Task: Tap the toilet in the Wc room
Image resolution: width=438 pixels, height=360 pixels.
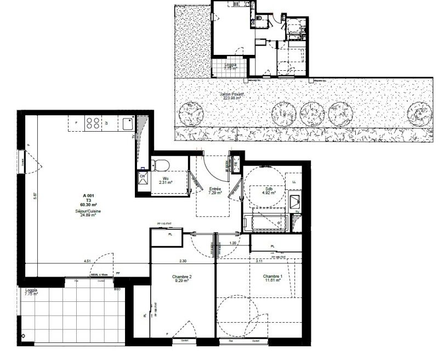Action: point(162,164)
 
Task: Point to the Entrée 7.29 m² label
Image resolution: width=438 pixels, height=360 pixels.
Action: point(214,191)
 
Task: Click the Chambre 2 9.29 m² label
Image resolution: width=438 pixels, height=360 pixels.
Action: point(168,278)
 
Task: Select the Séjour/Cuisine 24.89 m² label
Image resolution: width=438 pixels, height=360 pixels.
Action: point(89,213)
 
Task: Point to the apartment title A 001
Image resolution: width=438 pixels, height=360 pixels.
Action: point(88,196)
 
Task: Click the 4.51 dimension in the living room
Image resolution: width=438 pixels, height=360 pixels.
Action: point(87,261)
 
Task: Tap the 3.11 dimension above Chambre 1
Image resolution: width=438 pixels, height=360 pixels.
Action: point(258,261)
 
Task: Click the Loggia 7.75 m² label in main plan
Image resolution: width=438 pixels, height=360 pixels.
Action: point(31,291)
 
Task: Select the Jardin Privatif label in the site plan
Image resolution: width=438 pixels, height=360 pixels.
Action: point(232,95)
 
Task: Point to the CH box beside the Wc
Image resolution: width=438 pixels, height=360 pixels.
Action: point(143,177)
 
